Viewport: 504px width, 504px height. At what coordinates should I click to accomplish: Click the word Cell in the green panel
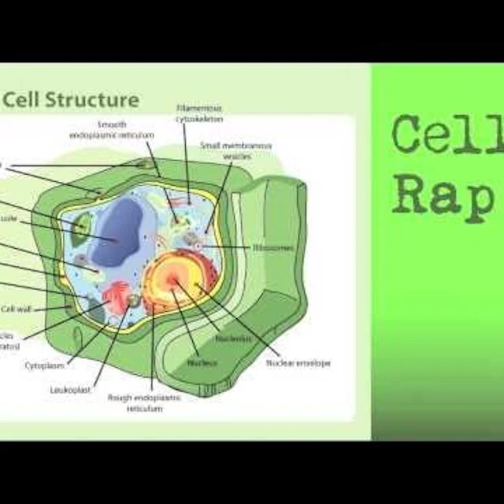pyautogui.click(x=447, y=135)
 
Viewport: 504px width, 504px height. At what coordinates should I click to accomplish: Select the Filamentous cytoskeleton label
pyautogui.click(x=198, y=112)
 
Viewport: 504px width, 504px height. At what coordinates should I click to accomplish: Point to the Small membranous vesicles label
pyautogui.click(x=224, y=150)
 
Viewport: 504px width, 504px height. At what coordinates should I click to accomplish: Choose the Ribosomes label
pyautogui.click(x=273, y=246)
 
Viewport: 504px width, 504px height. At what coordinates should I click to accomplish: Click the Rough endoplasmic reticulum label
pyautogui.click(x=145, y=403)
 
